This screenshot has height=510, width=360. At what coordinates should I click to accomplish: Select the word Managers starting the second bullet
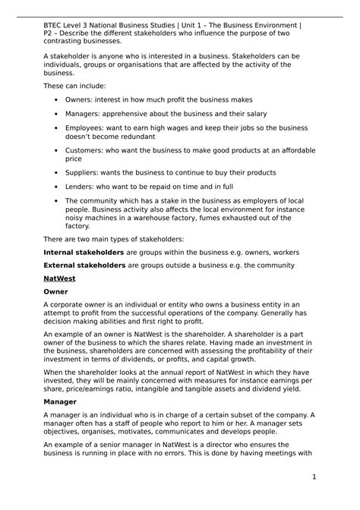(x=84, y=114)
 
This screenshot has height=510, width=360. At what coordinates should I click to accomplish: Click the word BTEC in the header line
(x=55, y=24)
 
